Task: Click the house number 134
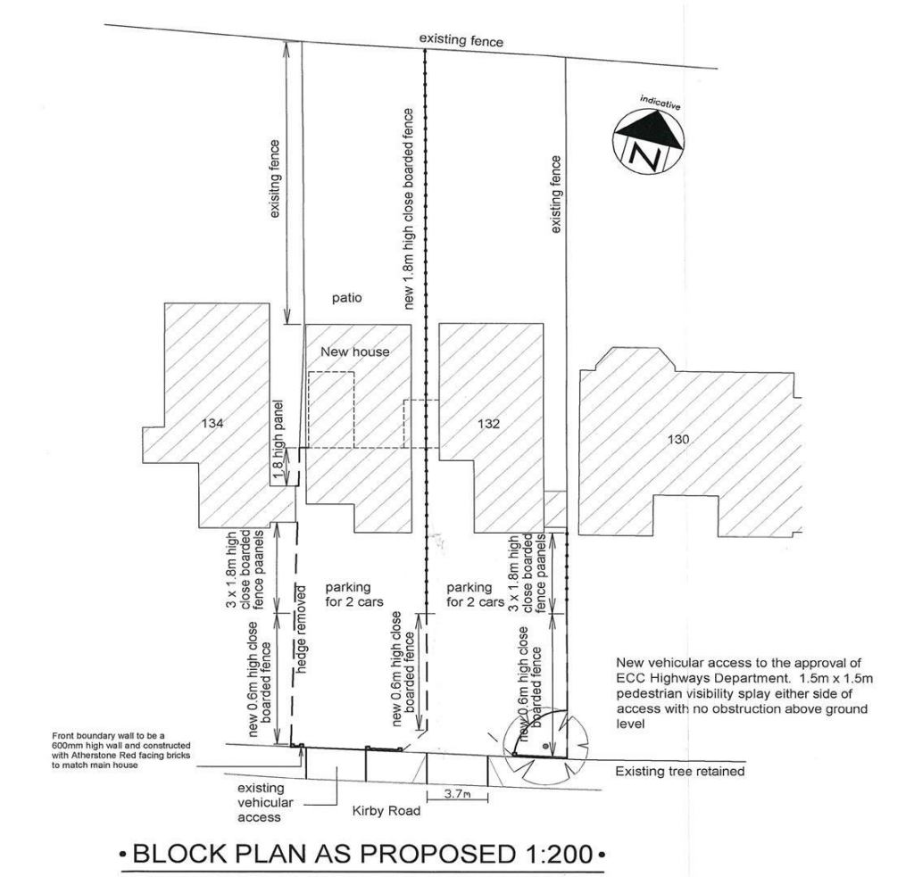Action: (212, 423)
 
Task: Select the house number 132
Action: (488, 424)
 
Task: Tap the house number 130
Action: (678, 439)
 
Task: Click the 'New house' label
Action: (355, 352)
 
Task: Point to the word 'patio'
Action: (347, 298)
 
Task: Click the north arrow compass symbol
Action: (648, 142)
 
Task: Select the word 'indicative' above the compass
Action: (661, 102)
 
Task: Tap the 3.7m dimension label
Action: (458, 794)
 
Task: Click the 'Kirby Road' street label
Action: (386, 811)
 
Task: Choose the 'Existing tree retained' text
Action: (680, 772)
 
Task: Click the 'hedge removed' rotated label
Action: (302, 629)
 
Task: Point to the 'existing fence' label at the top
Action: (461, 41)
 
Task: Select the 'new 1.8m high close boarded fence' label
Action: (410, 209)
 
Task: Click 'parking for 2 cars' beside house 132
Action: (475, 594)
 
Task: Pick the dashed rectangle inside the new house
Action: (331, 410)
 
